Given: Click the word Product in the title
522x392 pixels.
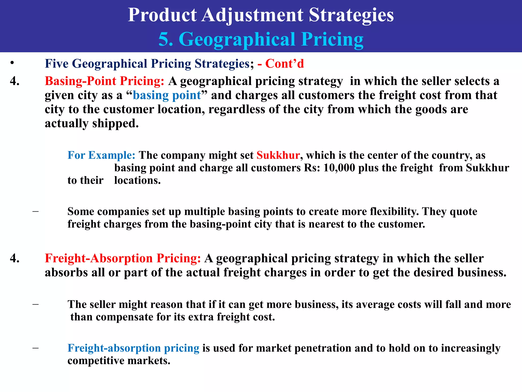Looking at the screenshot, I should (162, 15).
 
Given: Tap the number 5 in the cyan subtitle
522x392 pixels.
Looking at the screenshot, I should (165, 39).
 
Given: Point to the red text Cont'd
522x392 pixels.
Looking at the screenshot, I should (284, 64).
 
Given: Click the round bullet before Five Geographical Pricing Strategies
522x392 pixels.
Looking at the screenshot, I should (12, 63).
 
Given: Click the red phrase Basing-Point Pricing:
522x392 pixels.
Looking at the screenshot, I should (105, 81).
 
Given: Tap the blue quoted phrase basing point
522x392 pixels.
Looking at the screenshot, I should (167, 95).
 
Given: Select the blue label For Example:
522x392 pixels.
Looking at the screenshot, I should (101, 155).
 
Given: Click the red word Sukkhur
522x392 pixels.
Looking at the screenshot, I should (278, 155).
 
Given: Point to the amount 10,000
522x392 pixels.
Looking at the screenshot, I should (339, 168).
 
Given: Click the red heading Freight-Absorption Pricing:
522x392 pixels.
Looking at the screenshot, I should (123, 258).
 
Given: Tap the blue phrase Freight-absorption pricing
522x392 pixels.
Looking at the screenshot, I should (133, 348).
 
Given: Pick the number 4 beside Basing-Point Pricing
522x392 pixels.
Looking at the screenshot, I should (15, 81).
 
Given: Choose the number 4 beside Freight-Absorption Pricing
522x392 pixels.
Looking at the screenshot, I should (15, 258).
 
